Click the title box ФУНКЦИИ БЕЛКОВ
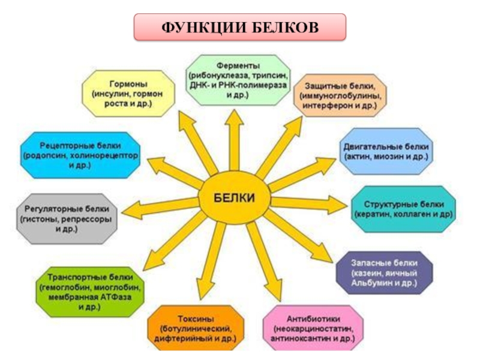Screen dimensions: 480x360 [240, 28]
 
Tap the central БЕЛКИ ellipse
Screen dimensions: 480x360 [235, 197]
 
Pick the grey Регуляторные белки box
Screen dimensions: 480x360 [65, 219]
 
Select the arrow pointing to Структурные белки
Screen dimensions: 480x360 [306, 203]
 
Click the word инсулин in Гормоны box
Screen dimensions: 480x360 [110, 94]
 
